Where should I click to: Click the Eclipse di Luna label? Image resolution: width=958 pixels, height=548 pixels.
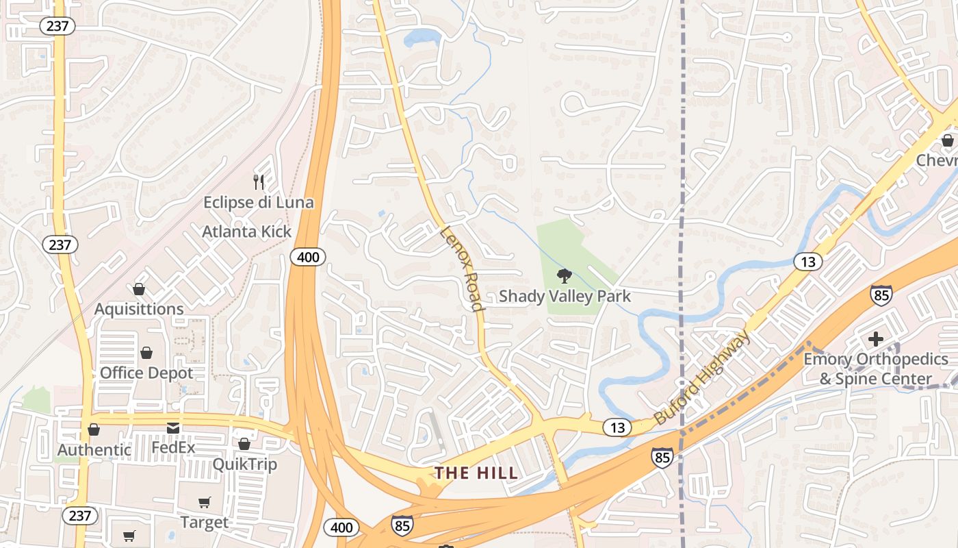click(x=259, y=202)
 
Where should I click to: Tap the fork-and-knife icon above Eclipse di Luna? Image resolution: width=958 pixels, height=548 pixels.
click(x=259, y=182)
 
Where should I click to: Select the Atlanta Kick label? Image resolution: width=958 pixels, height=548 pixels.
click(x=246, y=232)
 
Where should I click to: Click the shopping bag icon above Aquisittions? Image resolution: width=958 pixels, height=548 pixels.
click(x=139, y=289)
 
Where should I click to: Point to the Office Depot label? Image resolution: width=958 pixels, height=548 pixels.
click(x=146, y=373)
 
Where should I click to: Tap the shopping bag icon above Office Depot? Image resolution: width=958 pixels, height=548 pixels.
click(x=146, y=353)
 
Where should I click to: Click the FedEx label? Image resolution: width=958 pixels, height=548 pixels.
click(x=173, y=448)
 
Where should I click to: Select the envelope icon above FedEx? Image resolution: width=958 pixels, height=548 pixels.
click(x=173, y=428)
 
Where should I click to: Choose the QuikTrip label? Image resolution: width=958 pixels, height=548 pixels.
click(x=244, y=464)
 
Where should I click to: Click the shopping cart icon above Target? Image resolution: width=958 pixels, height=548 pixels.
click(x=204, y=503)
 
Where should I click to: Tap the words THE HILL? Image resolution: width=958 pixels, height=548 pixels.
click(x=477, y=473)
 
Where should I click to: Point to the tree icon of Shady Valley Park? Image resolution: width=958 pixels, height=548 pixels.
click(x=564, y=276)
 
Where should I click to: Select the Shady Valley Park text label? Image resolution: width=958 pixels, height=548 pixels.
click(x=565, y=296)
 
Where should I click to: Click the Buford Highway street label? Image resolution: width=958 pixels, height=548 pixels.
click(x=702, y=377)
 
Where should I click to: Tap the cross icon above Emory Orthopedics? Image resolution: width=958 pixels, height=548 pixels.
click(x=875, y=338)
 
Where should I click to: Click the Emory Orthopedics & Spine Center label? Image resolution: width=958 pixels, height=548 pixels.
click(x=875, y=369)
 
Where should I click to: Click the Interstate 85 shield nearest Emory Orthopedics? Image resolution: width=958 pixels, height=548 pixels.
click(x=881, y=295)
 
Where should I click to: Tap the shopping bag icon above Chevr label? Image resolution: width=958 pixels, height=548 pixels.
click(x=947, y=140)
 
